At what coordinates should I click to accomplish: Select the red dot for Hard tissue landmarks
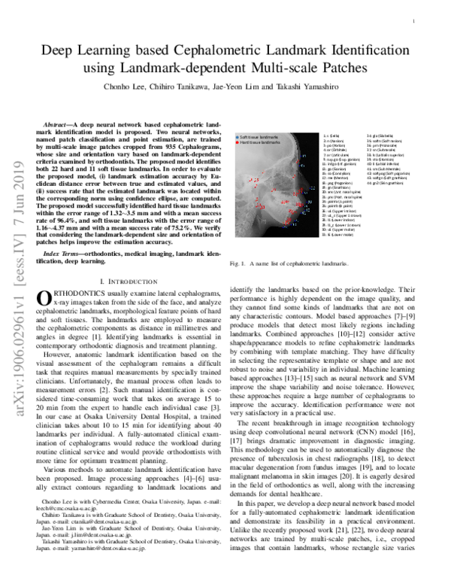235,143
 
